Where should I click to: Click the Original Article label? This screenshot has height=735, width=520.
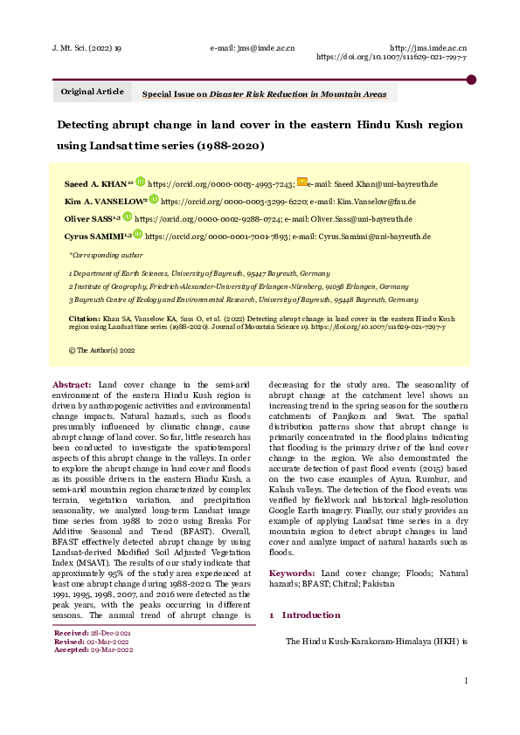[x=92, y=92]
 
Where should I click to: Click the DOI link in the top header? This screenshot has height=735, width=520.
[x=391, y=57]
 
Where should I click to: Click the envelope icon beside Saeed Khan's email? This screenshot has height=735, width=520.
[x=302, y=182]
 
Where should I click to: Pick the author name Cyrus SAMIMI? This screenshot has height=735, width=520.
[x=96, y=236]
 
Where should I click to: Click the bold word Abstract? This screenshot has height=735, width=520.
[x=72, y=384]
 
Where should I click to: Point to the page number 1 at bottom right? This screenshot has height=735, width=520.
[x=467, y=681]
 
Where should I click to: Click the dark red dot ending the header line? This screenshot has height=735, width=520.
[x=471, y=79]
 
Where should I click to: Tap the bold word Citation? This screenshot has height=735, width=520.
[x=85, y=319]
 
